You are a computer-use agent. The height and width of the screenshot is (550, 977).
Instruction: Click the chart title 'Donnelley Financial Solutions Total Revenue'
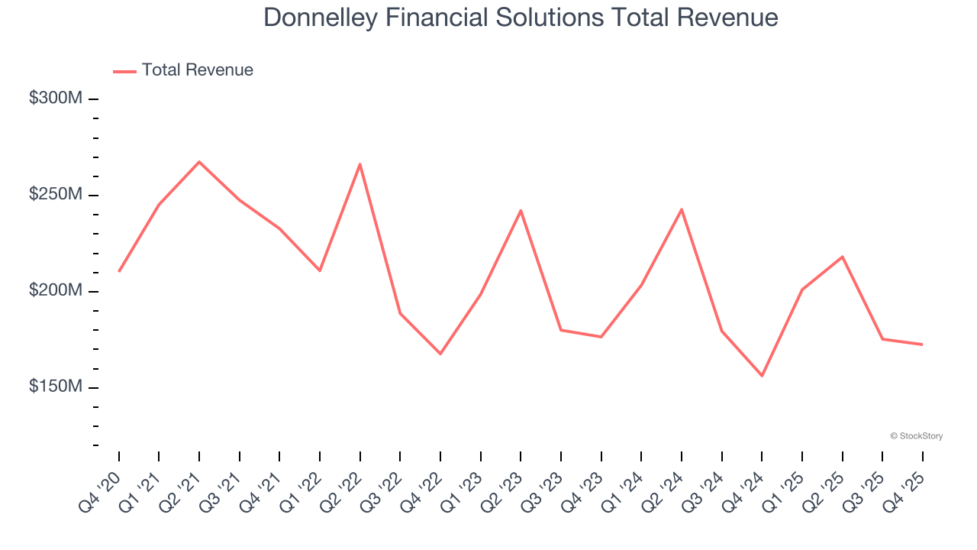[x=521, y=18]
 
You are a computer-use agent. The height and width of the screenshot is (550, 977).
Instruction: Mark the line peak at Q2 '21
[x=199, y=162]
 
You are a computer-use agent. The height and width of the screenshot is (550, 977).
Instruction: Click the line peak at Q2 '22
[x=360, y=164]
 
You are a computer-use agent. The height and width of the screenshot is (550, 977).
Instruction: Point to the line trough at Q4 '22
[x=440, y=354]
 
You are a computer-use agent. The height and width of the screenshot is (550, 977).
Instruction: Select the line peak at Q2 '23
[x=521, y=210]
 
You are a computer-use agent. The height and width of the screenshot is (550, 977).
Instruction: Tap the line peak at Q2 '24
[x=681, y=209]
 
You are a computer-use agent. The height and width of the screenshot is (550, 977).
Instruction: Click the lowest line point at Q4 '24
[x=762, y=376]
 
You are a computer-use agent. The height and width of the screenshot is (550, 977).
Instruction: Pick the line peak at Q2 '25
[x=842, y=257]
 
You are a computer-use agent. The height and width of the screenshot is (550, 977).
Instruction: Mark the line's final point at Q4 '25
[x=922, y=345]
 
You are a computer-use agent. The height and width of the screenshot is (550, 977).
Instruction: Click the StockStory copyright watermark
[x=916, y=436]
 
